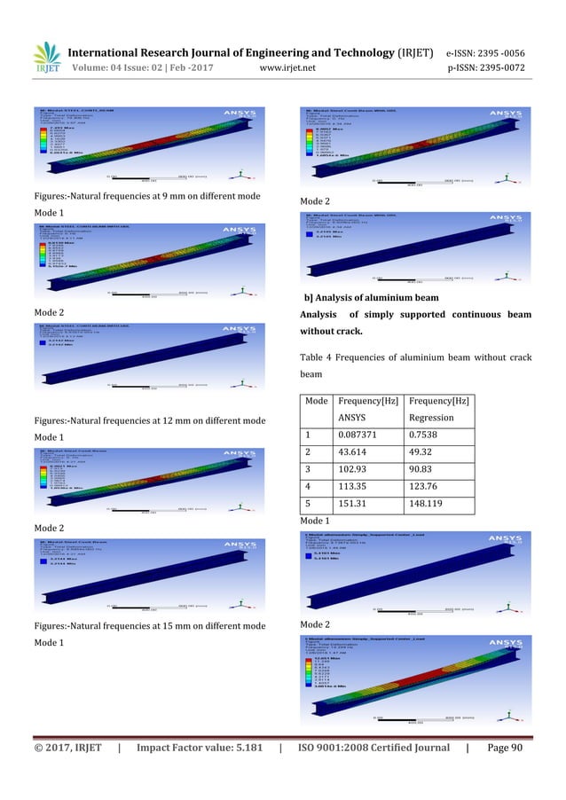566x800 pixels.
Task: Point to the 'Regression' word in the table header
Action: [433, 417]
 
